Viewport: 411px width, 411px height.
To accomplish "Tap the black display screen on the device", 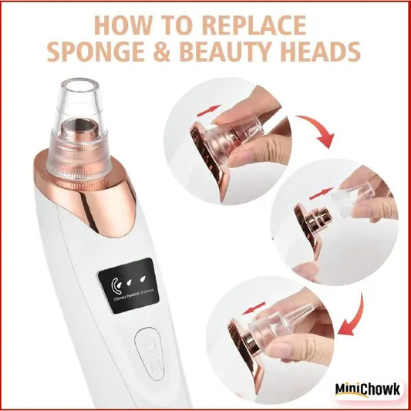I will coord(136,285).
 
